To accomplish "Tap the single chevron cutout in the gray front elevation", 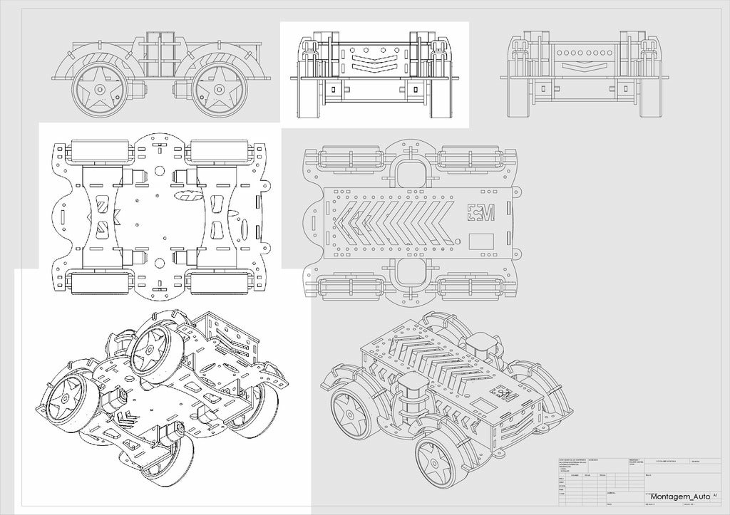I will (587, 66).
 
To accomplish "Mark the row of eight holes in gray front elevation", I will (587, 52).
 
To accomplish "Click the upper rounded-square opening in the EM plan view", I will (410, 171).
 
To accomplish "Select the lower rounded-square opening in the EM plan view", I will (410, 272).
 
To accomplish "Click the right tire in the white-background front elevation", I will (442, 97).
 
